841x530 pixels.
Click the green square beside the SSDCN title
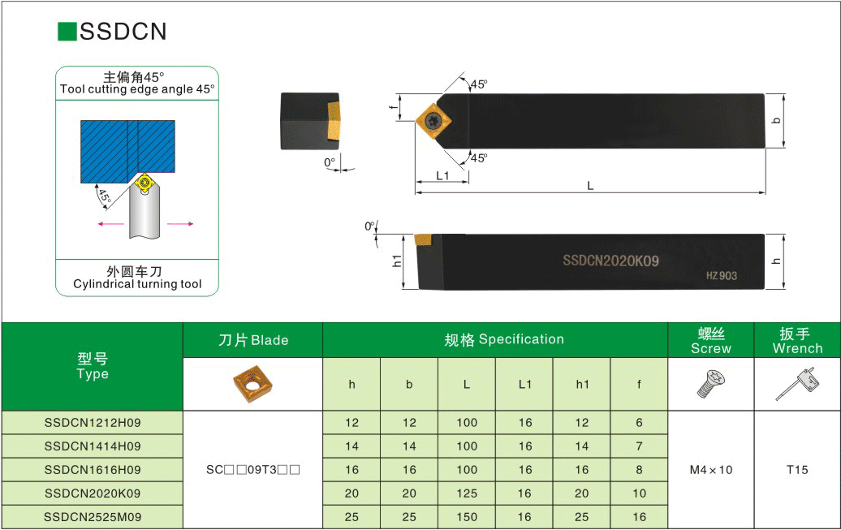click(67, 31)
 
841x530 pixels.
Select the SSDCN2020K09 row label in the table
click(93, 493)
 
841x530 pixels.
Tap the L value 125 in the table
click(467, 493)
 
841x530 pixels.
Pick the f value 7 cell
click(639, 446)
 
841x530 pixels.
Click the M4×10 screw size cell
click(710, 470)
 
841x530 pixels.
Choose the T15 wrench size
click(797, 470)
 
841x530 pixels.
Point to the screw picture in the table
click(710, 384)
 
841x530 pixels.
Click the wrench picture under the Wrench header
click(797, 384)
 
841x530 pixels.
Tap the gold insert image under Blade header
click(252, 384)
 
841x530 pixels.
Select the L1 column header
click(524, 384)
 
